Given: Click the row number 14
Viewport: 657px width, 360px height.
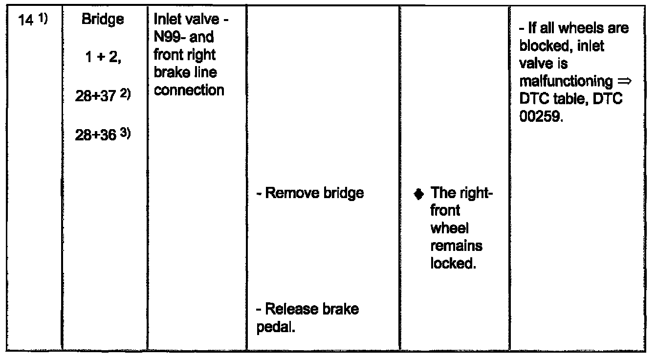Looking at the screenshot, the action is click(25, 21).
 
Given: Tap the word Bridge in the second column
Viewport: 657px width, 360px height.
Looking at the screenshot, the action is click(103, 20).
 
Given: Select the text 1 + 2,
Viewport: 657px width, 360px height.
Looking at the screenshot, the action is click(103, 57).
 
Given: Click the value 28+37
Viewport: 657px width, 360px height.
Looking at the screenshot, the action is click(95, 96).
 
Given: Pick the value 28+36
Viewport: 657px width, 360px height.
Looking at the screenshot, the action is click(95, 135).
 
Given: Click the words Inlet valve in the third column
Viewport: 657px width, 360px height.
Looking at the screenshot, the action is click(187, 20).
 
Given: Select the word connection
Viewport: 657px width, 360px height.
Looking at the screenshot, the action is click(189, 90).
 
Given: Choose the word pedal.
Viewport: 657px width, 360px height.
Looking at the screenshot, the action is click(275, 327).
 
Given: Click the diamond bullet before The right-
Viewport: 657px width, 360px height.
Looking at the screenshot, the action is click(418, 194).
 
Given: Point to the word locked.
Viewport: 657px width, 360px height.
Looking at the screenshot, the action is click(453, 263).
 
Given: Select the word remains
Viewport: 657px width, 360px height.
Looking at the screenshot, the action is click(457, 246).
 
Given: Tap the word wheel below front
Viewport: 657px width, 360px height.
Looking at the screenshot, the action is click(449, 228).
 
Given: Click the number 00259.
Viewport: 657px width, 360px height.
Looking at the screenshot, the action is click(541, 116).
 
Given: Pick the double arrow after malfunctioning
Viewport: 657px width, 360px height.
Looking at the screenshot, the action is click(624, 81).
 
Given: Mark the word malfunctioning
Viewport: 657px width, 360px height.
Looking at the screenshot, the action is click(566, 81).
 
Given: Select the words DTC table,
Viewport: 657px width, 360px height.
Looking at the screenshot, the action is click(554, 99).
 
